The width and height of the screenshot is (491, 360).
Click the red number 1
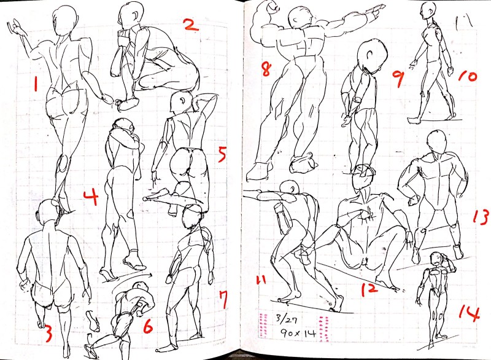tap(36, 84)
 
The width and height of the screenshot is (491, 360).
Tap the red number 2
tap(191, 25)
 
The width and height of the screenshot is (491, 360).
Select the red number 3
tap(48, 334)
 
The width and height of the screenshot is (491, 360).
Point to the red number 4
tap(91, 197)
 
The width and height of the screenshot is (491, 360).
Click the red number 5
tap(222, 154)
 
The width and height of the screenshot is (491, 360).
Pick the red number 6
tap(147, 326)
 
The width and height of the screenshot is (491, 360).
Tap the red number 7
tap(223, 300)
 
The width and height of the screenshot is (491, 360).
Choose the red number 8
tap(266, 69)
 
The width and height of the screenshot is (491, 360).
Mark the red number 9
tap(398, 79)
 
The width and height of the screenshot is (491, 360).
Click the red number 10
tap(468, 76)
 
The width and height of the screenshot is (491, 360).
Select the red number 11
tap(261, 280)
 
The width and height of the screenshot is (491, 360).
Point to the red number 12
tap(369, 289)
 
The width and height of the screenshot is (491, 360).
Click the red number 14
tap(470, 313)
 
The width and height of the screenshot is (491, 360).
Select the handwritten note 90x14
tap(297, 333)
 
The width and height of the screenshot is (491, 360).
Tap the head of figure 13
tap(437, 141)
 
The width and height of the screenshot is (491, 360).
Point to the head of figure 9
tap(372, 56)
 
